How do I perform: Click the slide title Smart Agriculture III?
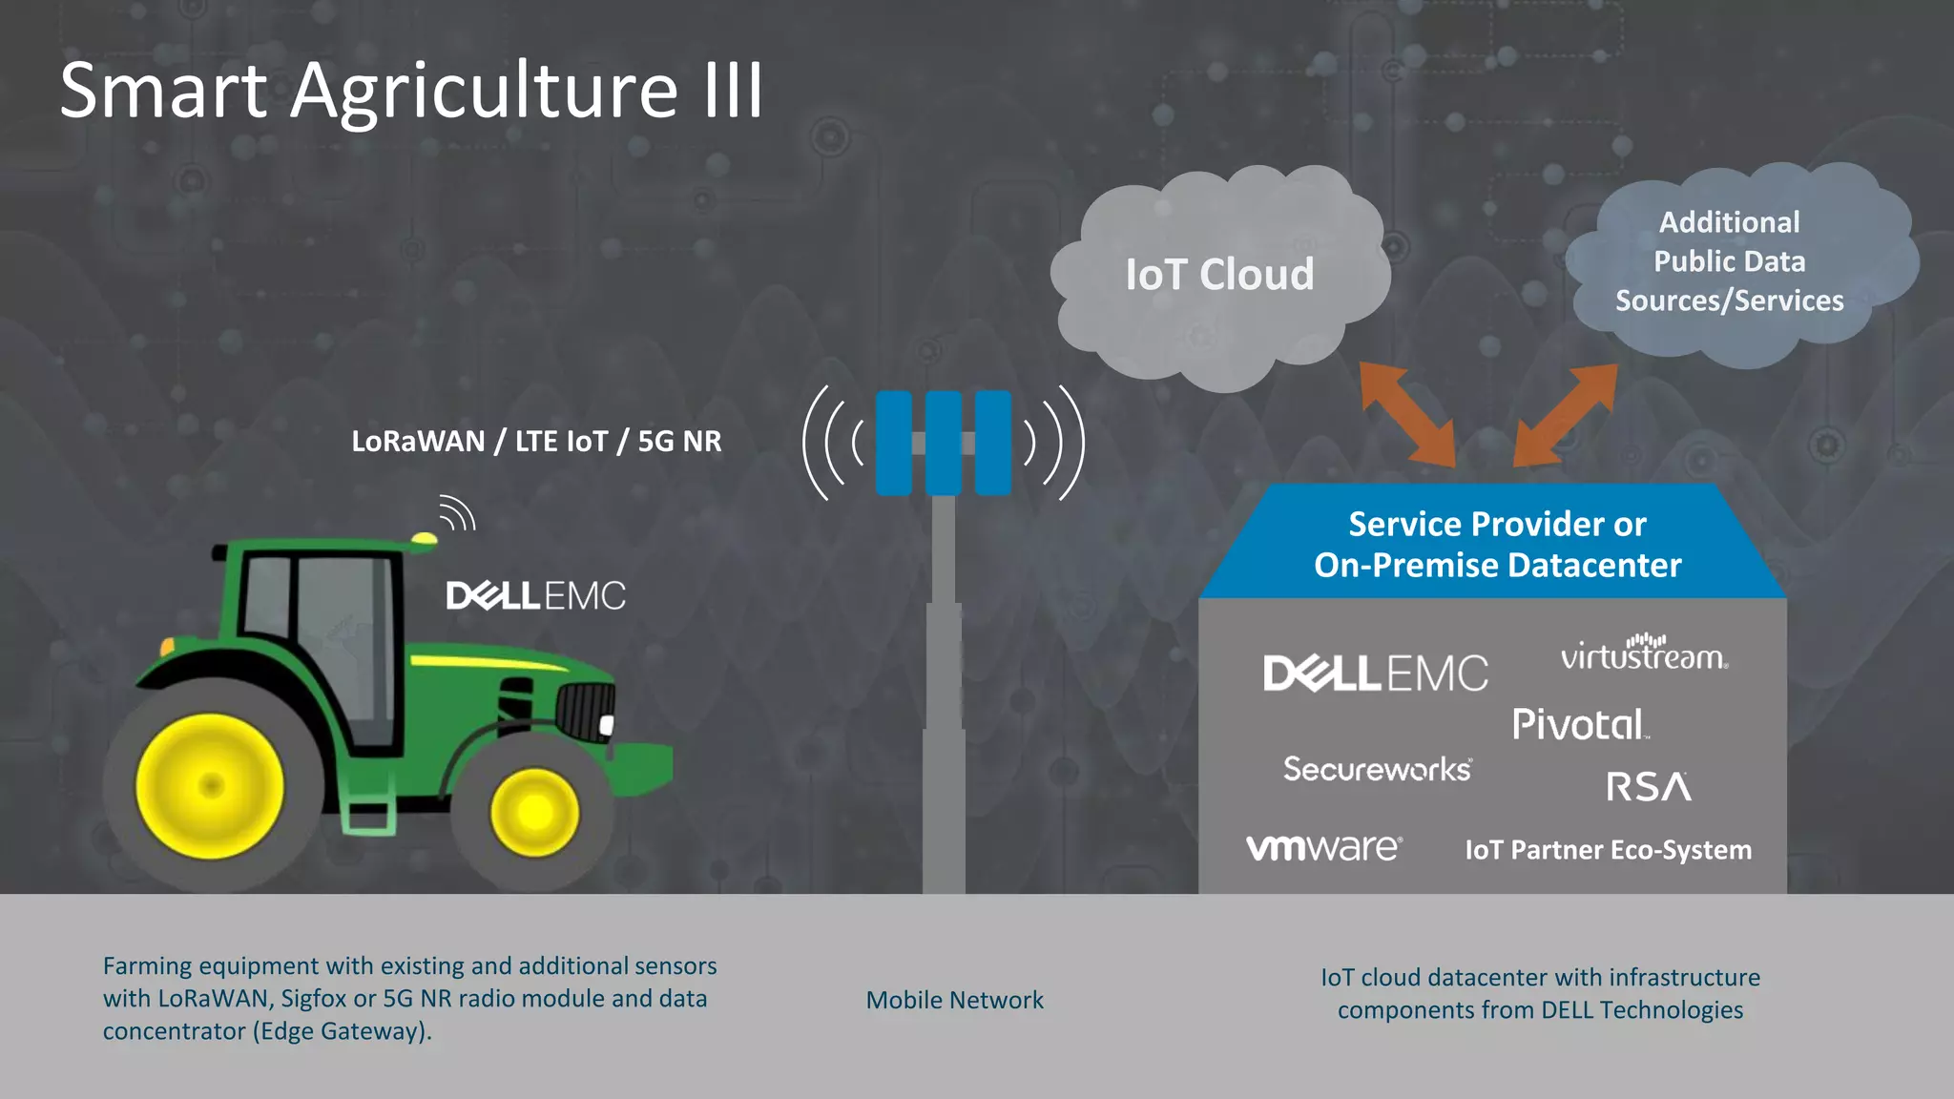click(x=411, y=91)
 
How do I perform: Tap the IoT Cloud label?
click(x=1219, y=275)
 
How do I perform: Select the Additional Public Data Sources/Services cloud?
click(x=1729, y=261)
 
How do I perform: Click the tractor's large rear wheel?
click(x=210, y=786)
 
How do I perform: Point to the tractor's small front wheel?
click(x=534, y=812)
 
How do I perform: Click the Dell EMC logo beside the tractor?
click(x=535, y=596)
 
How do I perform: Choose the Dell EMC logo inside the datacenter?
click(x=1375, y=674)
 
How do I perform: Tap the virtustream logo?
click(x=1644, y=654)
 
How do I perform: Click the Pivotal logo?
click(x=1580, y=725)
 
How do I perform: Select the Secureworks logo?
click(x=1377, y=769)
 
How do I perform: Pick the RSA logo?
click(x=1649, y=787)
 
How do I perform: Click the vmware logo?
click(x=1324, y=847)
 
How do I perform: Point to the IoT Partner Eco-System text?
click(x=1608, y=850)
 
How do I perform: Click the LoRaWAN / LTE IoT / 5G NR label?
click(x=536, y=442)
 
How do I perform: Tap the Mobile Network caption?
click(x=954, y=1000)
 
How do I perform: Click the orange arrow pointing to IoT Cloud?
click(x=1408, y=414)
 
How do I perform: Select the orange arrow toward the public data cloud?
click(x=1565, y=416)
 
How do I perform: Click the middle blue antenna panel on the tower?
click(x=943, y=443)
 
